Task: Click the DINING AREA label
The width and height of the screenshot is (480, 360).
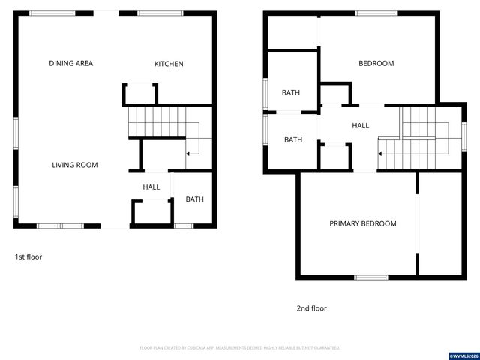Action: [71, 64]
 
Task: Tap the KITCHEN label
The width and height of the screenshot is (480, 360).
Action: [169, 64]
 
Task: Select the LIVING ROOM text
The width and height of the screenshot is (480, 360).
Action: [75, 165]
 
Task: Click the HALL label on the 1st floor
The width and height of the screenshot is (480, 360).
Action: [151, 187]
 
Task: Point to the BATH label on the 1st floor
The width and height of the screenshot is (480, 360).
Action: [195, 199]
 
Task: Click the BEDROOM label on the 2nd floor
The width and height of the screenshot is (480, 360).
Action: [376, 64]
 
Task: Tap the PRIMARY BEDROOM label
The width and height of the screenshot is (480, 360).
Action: [363, 223]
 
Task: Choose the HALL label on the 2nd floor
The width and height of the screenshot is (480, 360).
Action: [361, 126]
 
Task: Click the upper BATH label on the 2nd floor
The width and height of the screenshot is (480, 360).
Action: [291, 93]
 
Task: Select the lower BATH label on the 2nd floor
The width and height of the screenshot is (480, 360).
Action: [293, 140]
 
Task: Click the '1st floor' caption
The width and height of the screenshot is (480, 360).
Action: [28, 256]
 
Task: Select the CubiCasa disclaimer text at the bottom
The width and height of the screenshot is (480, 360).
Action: [240, 348]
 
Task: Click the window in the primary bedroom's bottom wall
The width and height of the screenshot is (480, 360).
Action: [370, 277]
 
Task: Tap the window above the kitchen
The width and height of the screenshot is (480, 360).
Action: [160, 13]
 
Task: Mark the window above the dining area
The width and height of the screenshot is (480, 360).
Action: [52, 13]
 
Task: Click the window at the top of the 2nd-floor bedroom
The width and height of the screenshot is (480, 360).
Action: [376, 13]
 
